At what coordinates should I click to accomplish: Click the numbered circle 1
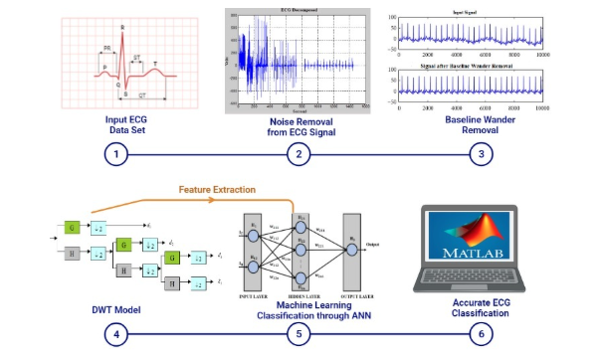click(118, 154)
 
